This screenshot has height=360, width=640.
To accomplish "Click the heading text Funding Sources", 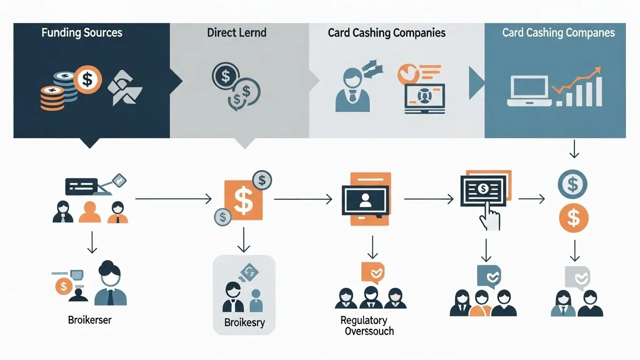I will click(82, 33).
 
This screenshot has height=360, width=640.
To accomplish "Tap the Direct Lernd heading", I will click(236, 33).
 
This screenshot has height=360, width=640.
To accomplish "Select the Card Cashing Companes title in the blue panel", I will click(558, 33).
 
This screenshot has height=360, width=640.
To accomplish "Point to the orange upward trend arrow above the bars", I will click(578, 80).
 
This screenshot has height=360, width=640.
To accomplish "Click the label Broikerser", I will click(90, 321).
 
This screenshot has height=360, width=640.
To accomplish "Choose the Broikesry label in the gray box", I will click(244, 322).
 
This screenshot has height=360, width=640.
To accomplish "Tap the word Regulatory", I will click(364, 321).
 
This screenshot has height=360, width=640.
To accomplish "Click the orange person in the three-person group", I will click(90, 212).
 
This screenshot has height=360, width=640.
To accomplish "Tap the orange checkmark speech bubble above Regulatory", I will click(373, 272).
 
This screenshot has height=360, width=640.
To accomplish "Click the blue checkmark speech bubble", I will click(489, 276).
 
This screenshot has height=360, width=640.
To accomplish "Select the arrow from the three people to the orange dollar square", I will click(173, 199).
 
